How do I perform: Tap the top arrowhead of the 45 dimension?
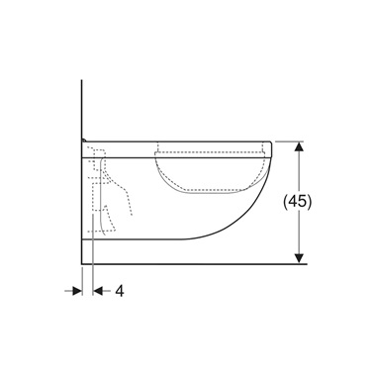[x=299, y=145]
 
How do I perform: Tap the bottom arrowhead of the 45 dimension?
[x=299, y=258]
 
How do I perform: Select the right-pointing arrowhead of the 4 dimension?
[x=76, y=292]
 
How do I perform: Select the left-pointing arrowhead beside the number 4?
[x=98, y=292]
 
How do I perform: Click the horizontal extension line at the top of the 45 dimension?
[x=287, y=141]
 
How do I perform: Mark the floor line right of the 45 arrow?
[x=309, y=264]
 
